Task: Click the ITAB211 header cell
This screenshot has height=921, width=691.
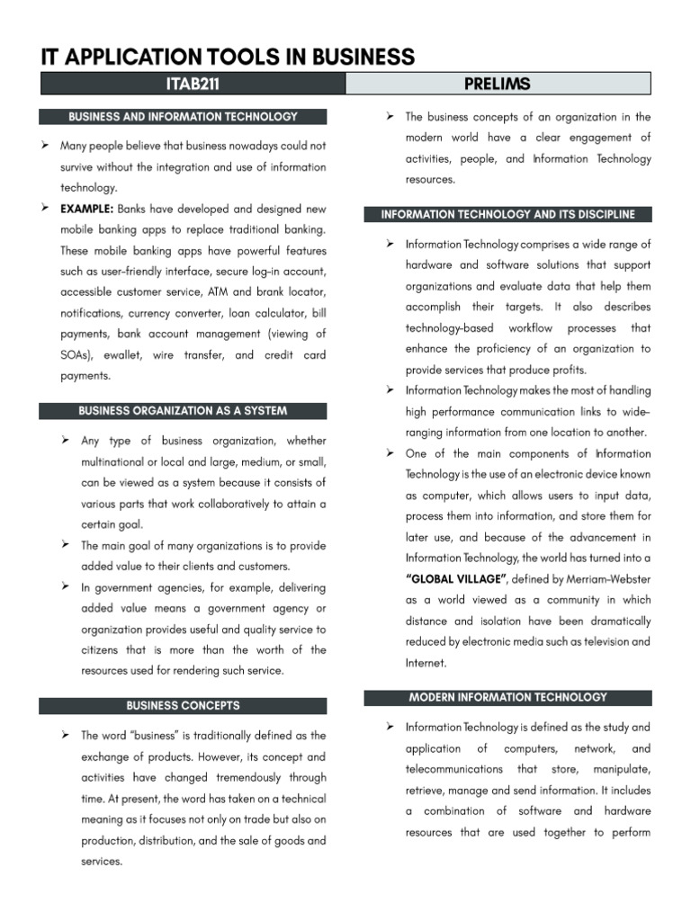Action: [x=193, y=85]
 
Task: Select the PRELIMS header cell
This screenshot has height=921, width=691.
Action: [x=498, y=85]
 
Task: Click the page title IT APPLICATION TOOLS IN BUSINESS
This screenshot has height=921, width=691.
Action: [x=228, y=57]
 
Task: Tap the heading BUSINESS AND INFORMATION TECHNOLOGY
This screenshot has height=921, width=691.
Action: [x=183, y=117]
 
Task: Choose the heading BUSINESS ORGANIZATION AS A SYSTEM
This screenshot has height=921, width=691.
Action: [x=183, y=411]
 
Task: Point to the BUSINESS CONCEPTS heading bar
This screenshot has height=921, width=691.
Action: [x=183, y=706]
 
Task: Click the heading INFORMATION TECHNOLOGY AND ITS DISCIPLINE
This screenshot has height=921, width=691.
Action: [x=507, y=215]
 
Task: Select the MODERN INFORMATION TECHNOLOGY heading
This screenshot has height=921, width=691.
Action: [x=507, y=697]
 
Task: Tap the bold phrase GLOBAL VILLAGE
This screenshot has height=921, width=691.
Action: [x=457, y=579]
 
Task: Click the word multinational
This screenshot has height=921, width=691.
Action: [x=117, y=461]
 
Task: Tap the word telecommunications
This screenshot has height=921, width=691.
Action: [x=453, y=770]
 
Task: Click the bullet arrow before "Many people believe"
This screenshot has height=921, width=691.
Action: [x=44, y=145]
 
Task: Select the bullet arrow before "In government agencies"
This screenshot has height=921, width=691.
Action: [x=66, y=586]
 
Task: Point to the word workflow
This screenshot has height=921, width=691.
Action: [x=530, y=328]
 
